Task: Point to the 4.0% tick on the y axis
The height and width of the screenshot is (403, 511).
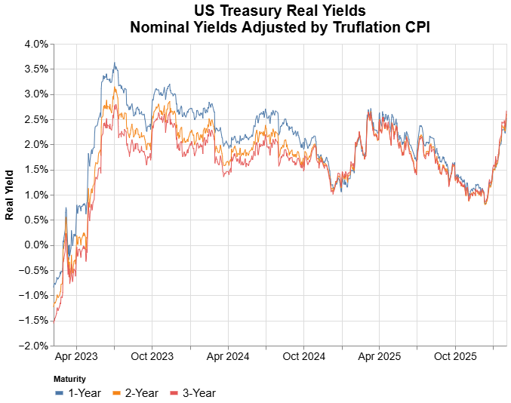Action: click(36, 44)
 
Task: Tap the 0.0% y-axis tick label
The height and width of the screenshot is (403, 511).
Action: click(36, 245)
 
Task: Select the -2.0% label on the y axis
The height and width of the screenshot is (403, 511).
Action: click(35, 345)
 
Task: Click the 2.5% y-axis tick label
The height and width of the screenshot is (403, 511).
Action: click(36, 119)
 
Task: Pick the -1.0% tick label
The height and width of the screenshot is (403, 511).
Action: click(35, 295)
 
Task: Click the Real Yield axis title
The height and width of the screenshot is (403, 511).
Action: click(10, 195)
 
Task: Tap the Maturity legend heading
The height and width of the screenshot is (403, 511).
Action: click(70, 379)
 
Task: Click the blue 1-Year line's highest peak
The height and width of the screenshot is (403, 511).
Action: click(114, 63)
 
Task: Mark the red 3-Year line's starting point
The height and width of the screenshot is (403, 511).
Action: click(54, 322)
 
